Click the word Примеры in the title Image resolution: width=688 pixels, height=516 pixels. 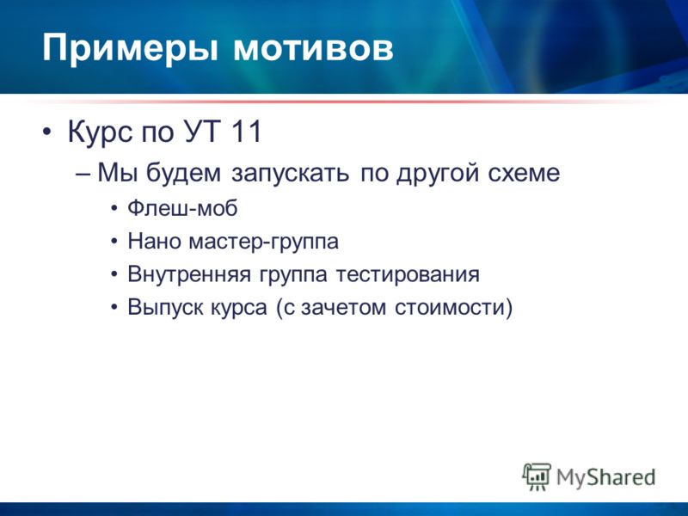[130, 48]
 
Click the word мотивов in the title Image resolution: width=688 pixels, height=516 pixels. [313, 47]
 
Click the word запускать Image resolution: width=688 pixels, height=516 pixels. [290, 174]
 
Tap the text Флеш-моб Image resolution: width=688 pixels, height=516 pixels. [182, 207]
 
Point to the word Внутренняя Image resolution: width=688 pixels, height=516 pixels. [189, 274]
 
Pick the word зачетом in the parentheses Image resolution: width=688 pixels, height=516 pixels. [343, 308]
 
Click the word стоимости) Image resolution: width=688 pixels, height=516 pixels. [454, 308]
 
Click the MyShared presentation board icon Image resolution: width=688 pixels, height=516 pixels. [537, 476]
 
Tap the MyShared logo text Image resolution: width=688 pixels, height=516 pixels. [606, 477]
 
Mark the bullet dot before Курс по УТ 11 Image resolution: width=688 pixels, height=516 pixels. [47, 132]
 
